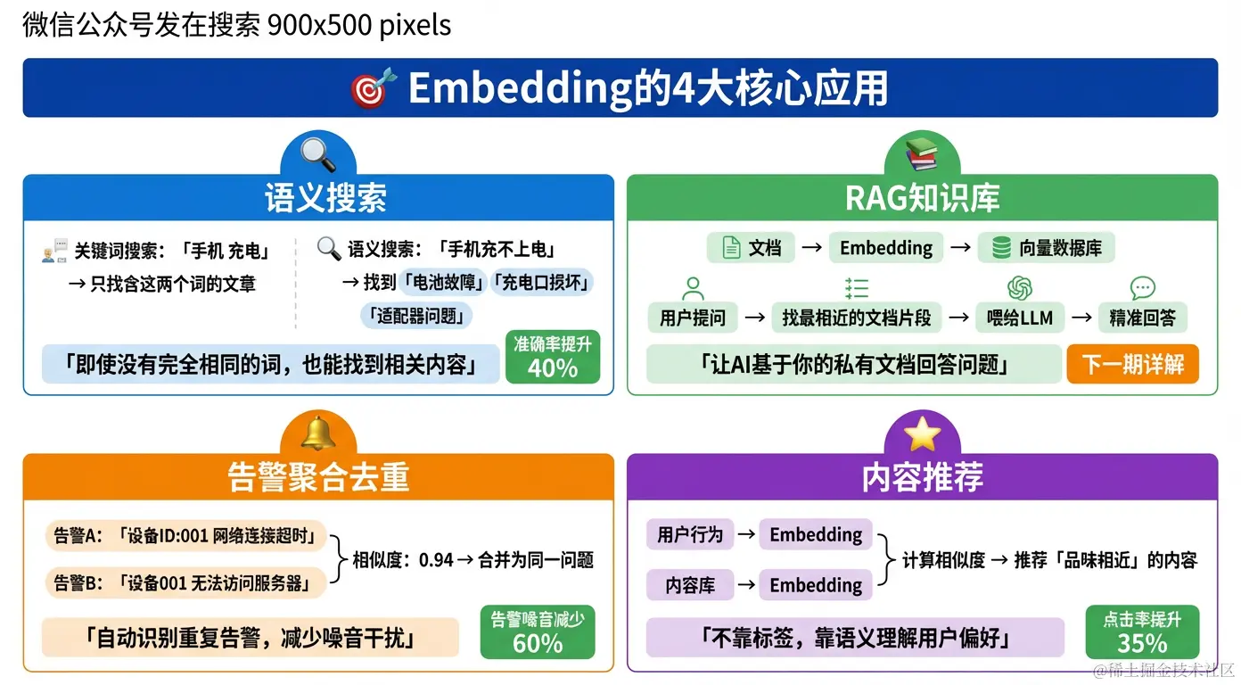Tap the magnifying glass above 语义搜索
click(318, 155)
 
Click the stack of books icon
click(922, 155)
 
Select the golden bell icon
click(318, 433)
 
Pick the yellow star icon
click(922, 434)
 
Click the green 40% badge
click(553, 357)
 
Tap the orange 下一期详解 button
click(1133, 364)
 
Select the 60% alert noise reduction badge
click(538, 632)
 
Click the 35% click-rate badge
click(1142, 632)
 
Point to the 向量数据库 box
click(1047, 248)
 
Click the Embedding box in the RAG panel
click(886, 248)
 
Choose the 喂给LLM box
click(1020, 317)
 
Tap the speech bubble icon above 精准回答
click(1142, 288)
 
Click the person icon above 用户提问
click(693, 288)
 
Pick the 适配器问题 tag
click(417, 315)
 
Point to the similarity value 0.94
click(436, 560)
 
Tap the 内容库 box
click(690, 585)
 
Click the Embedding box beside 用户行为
click(816, 535)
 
